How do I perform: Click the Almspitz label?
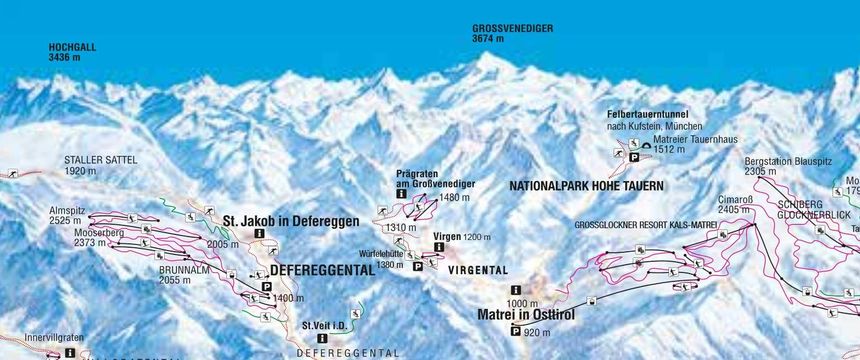coord(68,211)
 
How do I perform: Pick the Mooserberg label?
coord(71,232)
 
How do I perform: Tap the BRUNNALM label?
coord(183,270)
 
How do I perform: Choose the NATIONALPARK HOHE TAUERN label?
coord(586,186)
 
